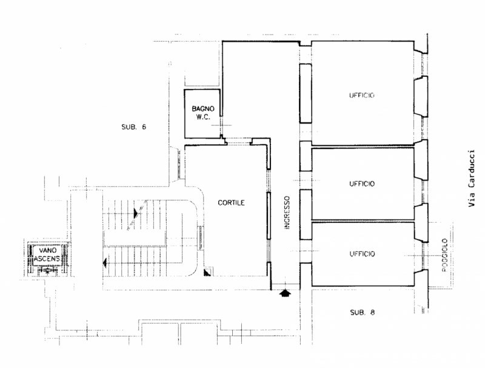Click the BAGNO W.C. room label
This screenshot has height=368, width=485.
pos(203,113)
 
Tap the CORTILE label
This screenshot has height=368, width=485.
pos(231,203)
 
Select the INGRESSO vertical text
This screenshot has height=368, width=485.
pos(287,212)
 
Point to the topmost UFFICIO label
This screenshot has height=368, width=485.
pos(361,95)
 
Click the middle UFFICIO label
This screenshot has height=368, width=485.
pos(362,183)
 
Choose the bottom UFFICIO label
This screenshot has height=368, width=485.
pos(362,254)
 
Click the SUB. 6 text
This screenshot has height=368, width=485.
pos(133,126)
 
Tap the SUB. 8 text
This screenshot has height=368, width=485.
pos(362,312)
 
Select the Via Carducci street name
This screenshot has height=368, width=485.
pos(471,178)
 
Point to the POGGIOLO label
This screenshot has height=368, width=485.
pos(444,255)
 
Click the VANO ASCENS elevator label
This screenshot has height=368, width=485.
pos(47,254)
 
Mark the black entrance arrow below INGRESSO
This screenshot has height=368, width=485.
pos(285,293)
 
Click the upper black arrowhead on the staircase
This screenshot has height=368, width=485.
pos(136,212)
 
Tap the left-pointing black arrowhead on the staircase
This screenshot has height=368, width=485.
pos(105,263)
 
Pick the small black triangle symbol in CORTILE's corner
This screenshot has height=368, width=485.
pos(207,272)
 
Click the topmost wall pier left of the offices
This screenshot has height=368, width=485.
pos(306,93)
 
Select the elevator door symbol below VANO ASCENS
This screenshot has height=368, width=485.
pos(47,271)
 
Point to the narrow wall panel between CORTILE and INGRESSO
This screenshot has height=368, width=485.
pos(269,215)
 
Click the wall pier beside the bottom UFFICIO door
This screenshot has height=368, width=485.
pos(306,275)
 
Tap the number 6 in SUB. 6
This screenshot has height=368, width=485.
pos(144,126)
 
